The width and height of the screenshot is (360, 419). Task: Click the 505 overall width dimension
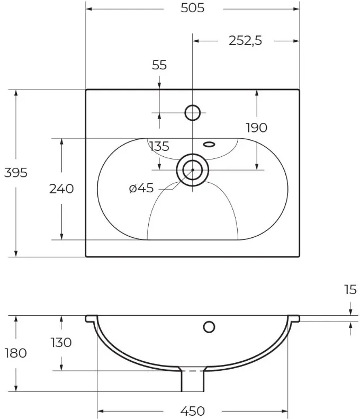[x=192, y=8]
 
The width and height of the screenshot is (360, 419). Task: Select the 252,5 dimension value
[x=246, y=41]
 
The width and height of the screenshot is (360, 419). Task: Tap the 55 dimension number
[x=159, y=65]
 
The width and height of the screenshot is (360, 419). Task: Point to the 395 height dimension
[x=16, y=173]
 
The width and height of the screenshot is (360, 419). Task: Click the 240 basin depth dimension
[x=61, y=189]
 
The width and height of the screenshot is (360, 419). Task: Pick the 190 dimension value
[x=256, y=128]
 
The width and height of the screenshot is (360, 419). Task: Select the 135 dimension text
[x=159, y=146]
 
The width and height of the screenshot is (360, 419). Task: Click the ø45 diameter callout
[x=141, y=188]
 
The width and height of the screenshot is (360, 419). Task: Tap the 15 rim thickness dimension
[x=350, y=290]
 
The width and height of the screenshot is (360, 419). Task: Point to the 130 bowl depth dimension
[x=61, y=343]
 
